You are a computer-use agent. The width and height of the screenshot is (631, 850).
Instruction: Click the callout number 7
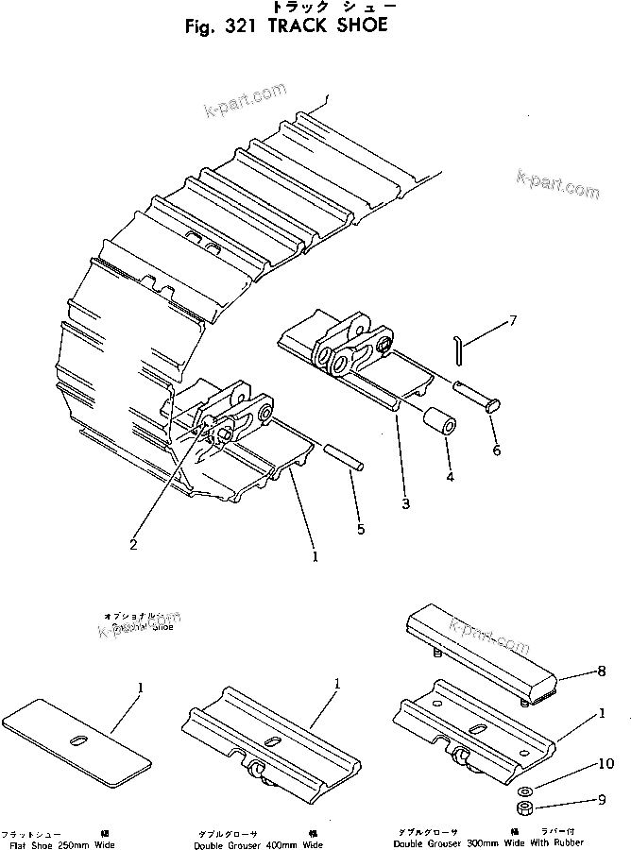coord(513,320)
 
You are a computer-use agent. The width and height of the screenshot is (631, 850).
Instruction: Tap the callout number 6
coord(497,450)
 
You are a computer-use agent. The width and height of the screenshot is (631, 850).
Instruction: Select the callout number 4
coord(450,477)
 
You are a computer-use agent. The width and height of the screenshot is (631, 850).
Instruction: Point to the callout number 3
coord(405,503)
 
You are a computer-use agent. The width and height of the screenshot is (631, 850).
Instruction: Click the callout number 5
coord(360,529)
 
